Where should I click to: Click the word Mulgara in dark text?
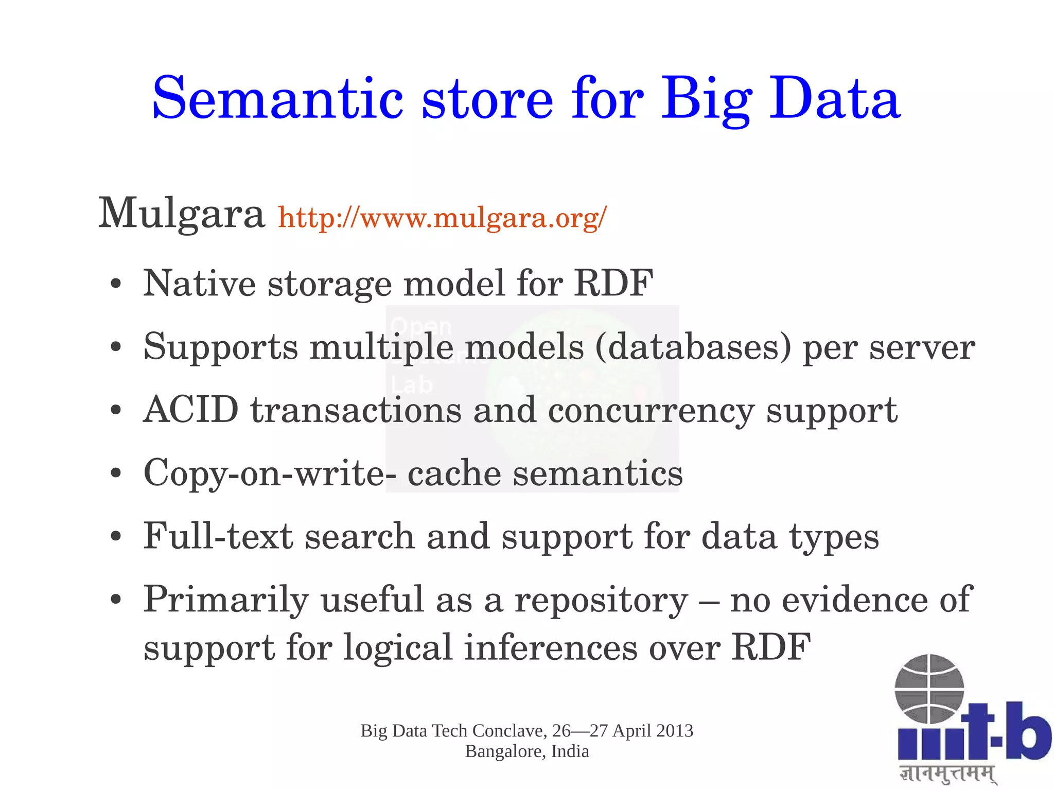tap(181, 214)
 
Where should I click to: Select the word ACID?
tap(190, 410)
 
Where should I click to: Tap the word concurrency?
tap(651, 411)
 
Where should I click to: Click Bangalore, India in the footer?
tap(527, 751)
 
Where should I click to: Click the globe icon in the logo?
tap(929, 689)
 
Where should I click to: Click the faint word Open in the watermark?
tap(420, 326)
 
